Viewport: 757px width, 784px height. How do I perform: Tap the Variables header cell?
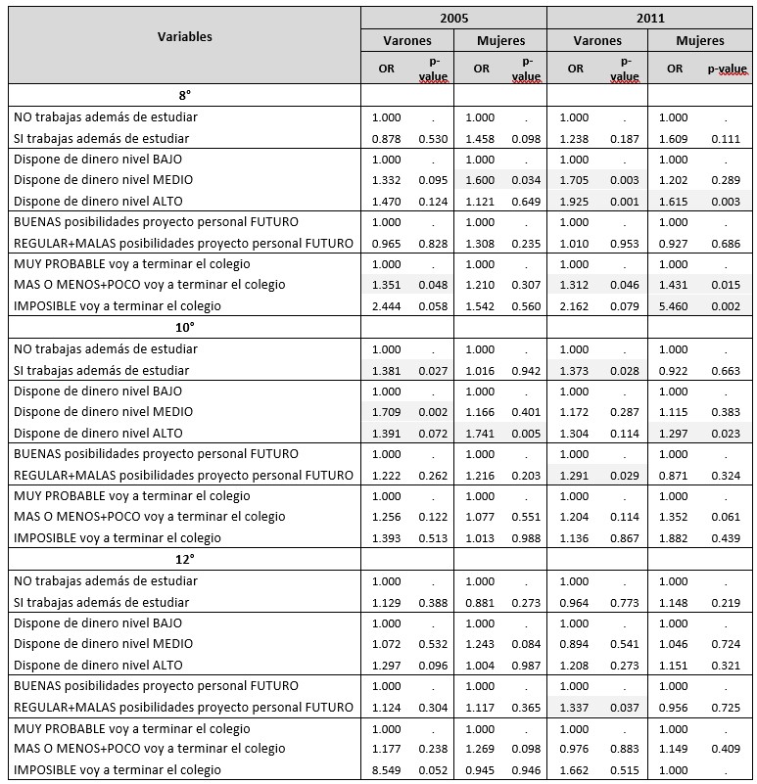pyautogui.click(x=185, y=37)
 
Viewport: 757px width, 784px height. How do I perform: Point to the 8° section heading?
pyautogui.click(x=185, y=97)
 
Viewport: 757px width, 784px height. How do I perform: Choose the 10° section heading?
pyautogui.click(x=185, y=328)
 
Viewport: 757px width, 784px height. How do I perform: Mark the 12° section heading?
pyautogui.click(x=185, y=560)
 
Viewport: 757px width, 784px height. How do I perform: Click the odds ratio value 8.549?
pyautogui.click(x=387, y=770)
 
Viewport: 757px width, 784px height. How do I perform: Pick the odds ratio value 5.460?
pyautogui.click(x=675, y=306)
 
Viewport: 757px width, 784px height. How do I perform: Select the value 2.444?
pyautogui.click(x=387, y=306)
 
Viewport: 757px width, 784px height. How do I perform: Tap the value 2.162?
pyautogui.click(x=574, y=306)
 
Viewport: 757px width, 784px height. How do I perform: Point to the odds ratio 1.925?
pyautogui.click(x=574, y=201)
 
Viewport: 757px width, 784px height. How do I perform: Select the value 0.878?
pyautogui.click(x=387, y=138)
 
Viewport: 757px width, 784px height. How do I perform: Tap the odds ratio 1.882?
pyautogui.click(x=675, y=537)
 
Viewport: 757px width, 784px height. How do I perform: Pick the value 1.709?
pyautogui.click(x=387, y=412)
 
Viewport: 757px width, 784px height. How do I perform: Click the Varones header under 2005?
pyautogui.click(x=406, y=41)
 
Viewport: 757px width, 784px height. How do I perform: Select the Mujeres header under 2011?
pyautogui.click(x=699, y=41)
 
